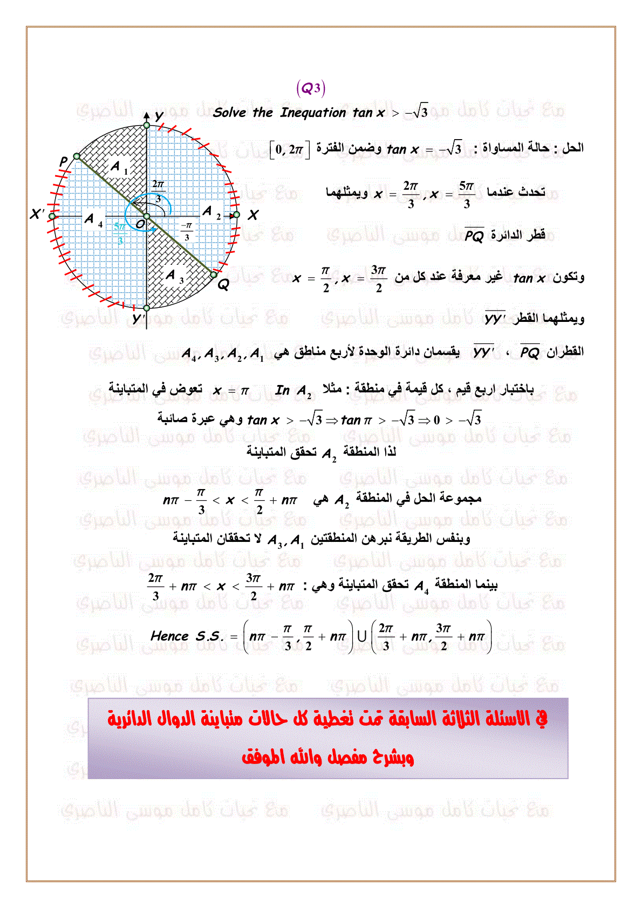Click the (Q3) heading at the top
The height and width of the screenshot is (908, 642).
pyautogui.click(x=311, y=88)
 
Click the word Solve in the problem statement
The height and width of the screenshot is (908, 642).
pyautogui.click(x=229, y=113)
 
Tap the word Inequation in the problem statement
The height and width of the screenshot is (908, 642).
pyautogui.click(x=312, y=113)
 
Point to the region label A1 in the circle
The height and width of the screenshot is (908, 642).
pyautogui.click(x=119, y=167)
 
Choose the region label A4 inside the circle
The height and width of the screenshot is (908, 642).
pyautogui.click(x=93, y=220)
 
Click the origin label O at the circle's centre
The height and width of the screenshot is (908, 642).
pyautogui.click(x=139, y=224)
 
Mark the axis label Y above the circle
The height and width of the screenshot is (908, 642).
pyautogui.click(x=159, y=116)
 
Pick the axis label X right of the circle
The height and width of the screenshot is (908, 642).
pyautogui.click(x=252, y=216)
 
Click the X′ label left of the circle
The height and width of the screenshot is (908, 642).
pyautogui.click(x=37, y=215)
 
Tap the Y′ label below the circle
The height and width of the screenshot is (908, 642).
pyautogui.click(x=138, y=319)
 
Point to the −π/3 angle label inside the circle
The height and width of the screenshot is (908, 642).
pyautogui.click(x=187, y=231)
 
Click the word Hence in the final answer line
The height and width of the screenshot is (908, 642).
pyautogui.click(x=169, y=636)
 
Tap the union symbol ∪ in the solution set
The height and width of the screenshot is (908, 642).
pyautogui.click(x=362, y=636)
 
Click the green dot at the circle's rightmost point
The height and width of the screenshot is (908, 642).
pyautogui.click(x=236, y=215)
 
